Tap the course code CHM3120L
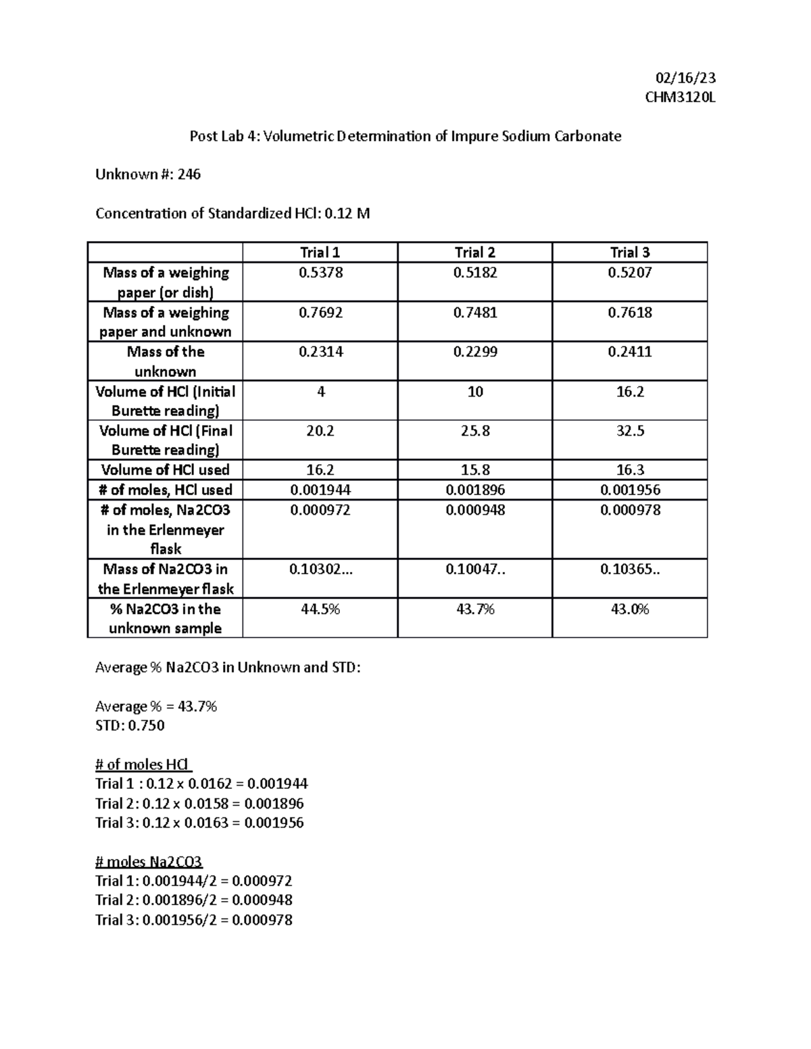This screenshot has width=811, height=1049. click(x=680, y=97)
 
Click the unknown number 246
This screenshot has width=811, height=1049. click(x=189, y=174)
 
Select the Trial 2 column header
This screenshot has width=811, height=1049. click(x=474, y=253)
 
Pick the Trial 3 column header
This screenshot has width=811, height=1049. click(x=629, y=253)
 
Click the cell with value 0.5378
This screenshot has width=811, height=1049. click(x=320, y=273)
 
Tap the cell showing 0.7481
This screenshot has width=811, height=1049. click(x=474, y=313)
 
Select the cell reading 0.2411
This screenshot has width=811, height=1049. click(x=629, y=352)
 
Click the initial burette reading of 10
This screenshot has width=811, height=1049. click(x=474, y=392)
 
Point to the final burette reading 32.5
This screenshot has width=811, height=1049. click(x=629, y=431)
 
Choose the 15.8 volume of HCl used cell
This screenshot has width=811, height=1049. click(x=474, y=470)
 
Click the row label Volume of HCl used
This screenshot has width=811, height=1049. click(x=165, y=470)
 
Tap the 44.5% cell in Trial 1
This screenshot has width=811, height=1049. click(x=320, y=609)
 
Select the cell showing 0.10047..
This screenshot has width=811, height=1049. click(x=474, y=569)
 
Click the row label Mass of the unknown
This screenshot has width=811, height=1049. click(x=165, y=361)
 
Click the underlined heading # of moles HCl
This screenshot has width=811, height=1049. click(x=143, y=765)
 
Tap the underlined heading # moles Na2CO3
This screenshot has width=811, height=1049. click(x=149, y=862)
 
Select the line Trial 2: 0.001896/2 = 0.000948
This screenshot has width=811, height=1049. click(x=193, y=900)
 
